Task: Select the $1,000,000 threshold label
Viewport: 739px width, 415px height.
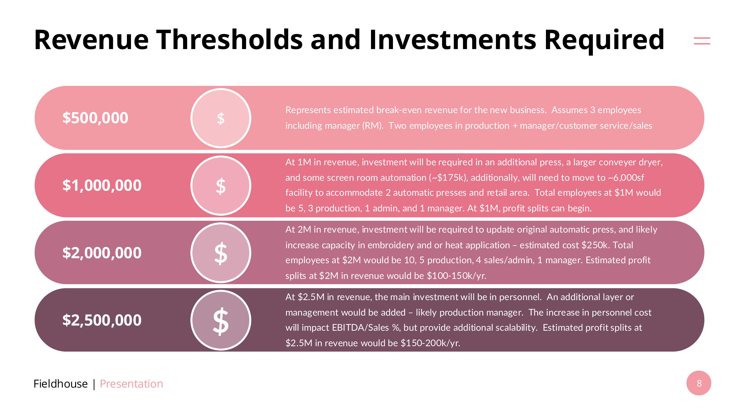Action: pos(102,185)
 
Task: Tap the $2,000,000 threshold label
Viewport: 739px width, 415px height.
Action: pos(102,253)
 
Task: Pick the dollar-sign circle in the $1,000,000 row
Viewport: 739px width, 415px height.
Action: pos(221,186)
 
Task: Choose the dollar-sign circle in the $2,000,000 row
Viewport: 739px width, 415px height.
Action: pos(221,253)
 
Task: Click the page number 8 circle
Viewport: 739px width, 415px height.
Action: pos(699,383)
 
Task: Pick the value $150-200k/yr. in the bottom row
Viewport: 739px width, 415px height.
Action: pos(430,343)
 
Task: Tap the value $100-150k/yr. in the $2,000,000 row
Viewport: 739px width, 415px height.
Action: pos(457,276)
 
